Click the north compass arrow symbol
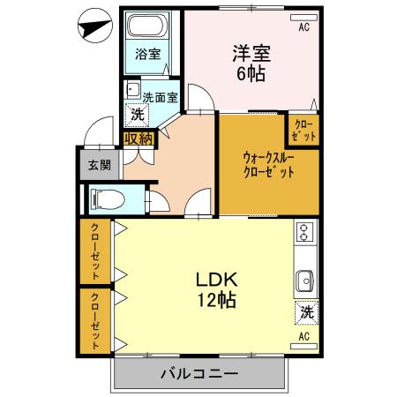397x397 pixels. [91, 27]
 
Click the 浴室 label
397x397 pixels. [147, 54]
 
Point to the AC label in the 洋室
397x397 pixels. [303, 28]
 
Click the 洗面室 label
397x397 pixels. [160, 98]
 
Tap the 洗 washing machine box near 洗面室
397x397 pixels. [138, 114]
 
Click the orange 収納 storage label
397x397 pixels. [139, 137]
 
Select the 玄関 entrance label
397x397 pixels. [98, 165]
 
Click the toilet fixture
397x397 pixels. [103, 198]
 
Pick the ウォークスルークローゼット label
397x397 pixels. [268, 165]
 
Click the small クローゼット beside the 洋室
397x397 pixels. [302, 131]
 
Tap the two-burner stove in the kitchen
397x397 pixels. [305, 233]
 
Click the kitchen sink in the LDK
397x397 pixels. [305, 281]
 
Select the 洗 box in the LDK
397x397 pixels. [306, 311]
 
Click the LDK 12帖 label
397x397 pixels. [214, 288]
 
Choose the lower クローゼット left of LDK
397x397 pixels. [94, 320]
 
